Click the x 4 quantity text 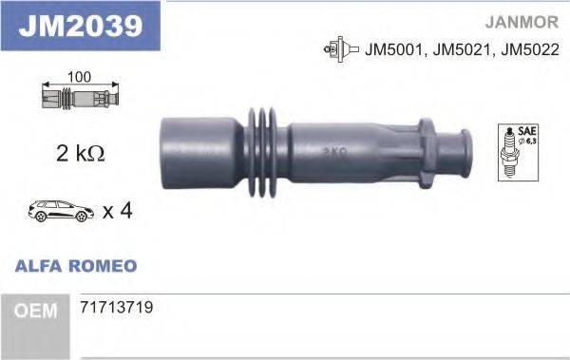pos(116,210)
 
